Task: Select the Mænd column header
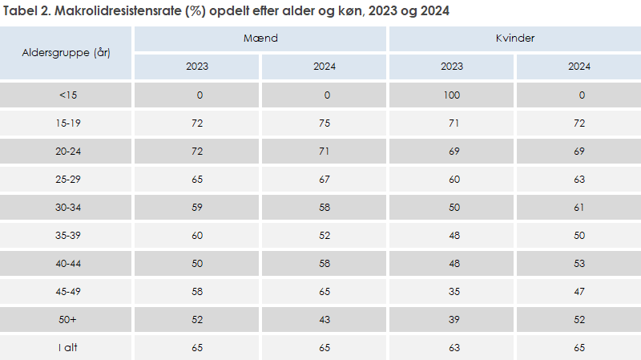click(260, 38)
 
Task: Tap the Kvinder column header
click(514, 38)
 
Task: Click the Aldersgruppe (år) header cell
click(67, 52)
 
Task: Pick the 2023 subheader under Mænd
click(197, 67)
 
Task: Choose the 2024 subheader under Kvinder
click(579, 67)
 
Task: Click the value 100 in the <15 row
click(452, 95)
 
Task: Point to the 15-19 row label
click(67, 123)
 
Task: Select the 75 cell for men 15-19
click(325, 123)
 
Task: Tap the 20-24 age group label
click(67, 151)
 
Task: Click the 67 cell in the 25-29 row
click(325, 179)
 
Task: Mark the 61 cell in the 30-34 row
click(579, 207)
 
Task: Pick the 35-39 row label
click(67, 235)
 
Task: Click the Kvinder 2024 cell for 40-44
click(579, 263)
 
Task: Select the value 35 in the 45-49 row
click(452, 291)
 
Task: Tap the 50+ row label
click(67, 319)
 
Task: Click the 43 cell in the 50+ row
click(325, 319)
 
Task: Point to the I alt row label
click(67, 347)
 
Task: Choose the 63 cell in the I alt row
click(452, 347)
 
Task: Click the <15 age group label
click(67, 95)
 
